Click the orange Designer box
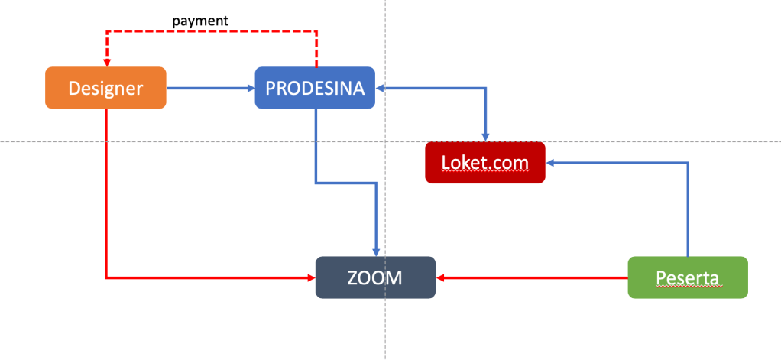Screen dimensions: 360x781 click(x=105, y=88)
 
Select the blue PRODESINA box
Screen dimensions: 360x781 click(x=315, y=88)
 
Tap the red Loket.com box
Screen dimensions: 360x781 click(x=484, y=163)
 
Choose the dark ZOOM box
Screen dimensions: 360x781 click(x=375, y=277)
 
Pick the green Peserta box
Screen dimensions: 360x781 click(x=687, y=277)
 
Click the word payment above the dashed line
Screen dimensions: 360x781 click(x=200, y=21)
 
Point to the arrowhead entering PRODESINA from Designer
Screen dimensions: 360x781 click(x=251, y=88)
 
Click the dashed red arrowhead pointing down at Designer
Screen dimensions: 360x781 click(x=106, y=62)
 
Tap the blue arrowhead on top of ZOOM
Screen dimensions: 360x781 click(x=375, y=251)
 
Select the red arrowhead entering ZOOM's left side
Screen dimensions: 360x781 click(x=311, y=277)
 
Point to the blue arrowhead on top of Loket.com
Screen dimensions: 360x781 click(x=485, y=138)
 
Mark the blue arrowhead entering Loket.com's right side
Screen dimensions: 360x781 click(x=550, y=162)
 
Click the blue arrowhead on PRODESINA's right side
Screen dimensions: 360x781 click(x=380, y=88)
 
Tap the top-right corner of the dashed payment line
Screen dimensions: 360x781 click(x=316, y=31)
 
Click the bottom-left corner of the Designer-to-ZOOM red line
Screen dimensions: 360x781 click(x=106, y=277)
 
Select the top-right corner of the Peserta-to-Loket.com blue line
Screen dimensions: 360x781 click(x=688, y=162)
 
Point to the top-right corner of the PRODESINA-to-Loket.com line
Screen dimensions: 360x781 click(x=485, y=88)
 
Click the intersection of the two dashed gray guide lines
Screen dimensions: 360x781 click(x=385, y=141)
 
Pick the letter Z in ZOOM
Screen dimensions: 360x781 click(x=353, y=277)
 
